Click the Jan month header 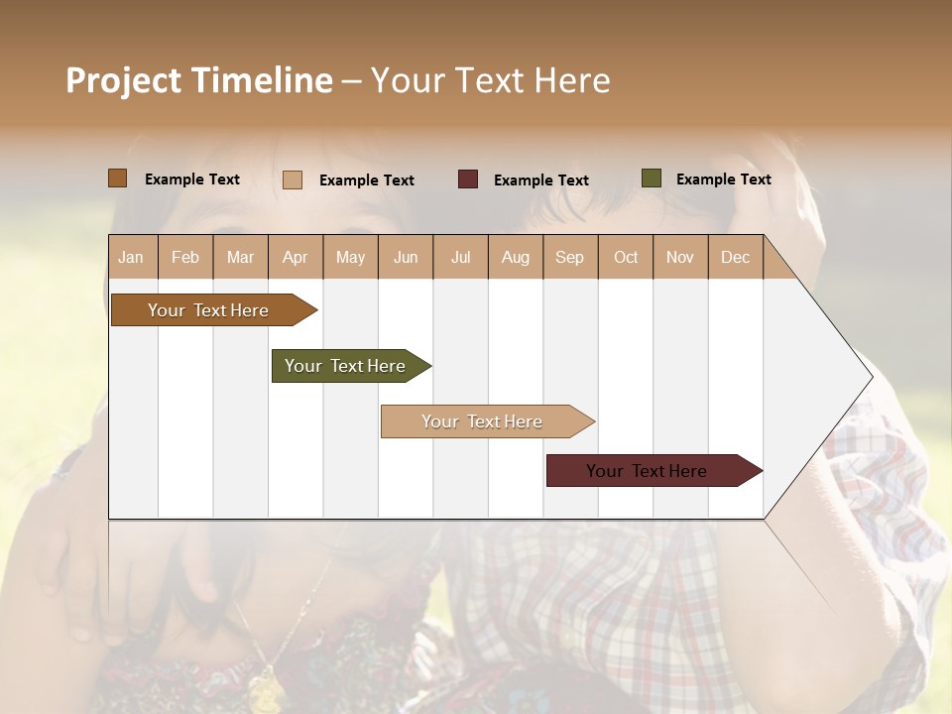click(x=131, y=258)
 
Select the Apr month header click(x=295, y=258)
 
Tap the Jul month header click(x=460, y=258)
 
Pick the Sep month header click(x=569, y=258)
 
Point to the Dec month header click(x=735, y=258)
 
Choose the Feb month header click(x=185, y=258)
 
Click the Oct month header click(x=626, y=258)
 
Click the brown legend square click(x=117, y=178)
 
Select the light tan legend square click(x=293, y=179)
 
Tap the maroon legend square click(x=468, y=179)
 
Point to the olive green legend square click(x=651, y=178)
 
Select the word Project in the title click(x=123, y=80)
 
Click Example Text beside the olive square click(x=723, y=179)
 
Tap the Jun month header click(x=406, y=258)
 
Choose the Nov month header click(x=680, y=258)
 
